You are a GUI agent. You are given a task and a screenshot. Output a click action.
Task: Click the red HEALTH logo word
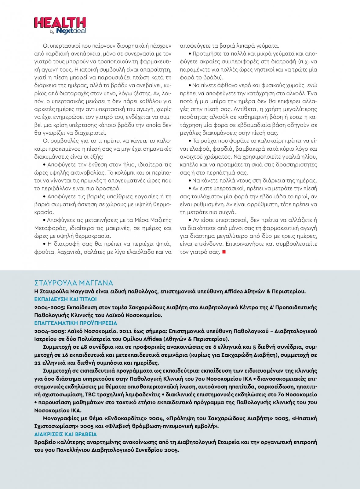60,23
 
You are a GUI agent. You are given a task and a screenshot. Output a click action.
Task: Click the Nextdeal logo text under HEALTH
71,31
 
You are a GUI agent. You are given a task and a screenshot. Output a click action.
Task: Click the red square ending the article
224,252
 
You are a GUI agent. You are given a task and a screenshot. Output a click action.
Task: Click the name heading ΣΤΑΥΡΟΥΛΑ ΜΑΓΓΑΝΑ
74,283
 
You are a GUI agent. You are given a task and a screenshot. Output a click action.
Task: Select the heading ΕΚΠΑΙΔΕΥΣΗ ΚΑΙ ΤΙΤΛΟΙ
65,299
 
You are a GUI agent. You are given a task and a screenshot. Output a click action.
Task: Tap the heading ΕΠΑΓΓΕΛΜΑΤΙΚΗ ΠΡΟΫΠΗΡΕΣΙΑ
75,323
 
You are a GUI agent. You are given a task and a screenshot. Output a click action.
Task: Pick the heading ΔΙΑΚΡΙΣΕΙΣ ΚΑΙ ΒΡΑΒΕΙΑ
65,434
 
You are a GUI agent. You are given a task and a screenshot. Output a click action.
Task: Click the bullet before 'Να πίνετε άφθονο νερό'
190,86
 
